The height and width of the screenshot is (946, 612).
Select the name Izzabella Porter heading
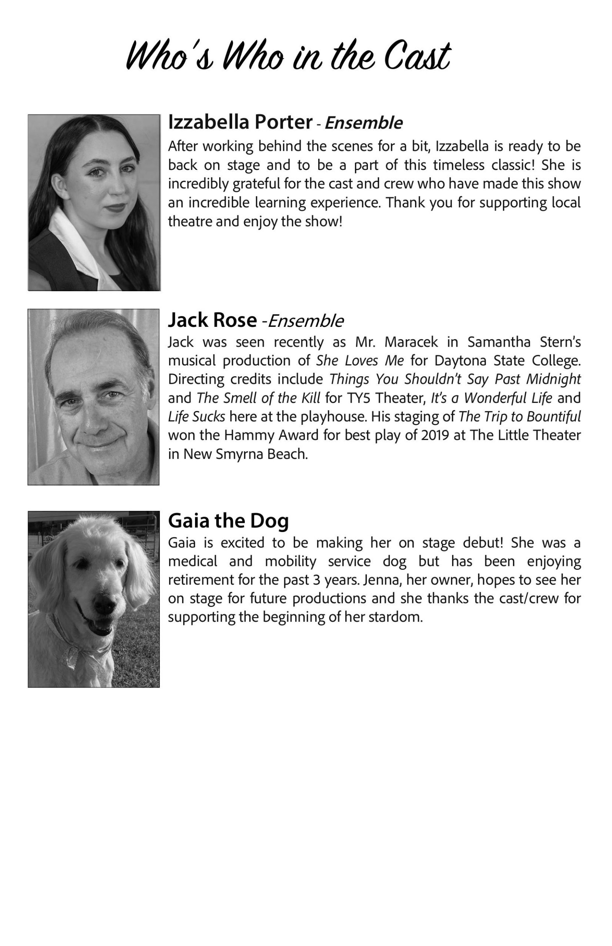tap(240, 122)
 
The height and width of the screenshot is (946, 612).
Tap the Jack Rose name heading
tap(212, 320)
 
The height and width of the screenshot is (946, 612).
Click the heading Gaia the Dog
tap(228, 521)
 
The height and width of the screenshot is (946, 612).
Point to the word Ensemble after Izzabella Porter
tap(364, 123)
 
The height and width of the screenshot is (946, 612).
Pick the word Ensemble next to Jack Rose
tap(306, 321)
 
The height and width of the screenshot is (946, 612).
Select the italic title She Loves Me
tap(360, 360)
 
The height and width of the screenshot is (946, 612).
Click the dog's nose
tap(104, 604)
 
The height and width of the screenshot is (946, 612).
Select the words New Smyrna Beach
tap(245, 454)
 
